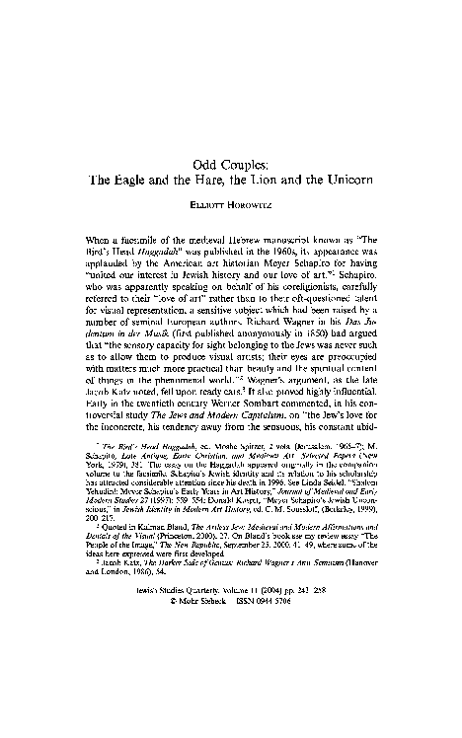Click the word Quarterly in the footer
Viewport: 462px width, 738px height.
193,684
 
